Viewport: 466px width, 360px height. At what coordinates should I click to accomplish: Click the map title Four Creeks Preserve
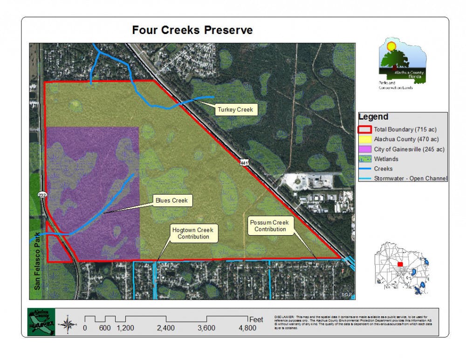point(192,31)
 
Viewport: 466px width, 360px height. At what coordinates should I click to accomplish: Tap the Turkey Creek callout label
point(235,110)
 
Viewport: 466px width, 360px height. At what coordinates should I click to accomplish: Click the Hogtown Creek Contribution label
point(193,233)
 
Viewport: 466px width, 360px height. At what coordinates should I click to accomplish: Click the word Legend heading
point(373,117)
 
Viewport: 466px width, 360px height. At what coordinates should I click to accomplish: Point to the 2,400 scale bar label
point(165,328)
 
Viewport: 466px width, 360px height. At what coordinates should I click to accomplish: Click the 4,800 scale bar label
point(247,328)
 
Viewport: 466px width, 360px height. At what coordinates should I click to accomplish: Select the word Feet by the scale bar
point(256,320)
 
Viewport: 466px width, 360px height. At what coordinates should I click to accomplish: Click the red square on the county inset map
point(400,264)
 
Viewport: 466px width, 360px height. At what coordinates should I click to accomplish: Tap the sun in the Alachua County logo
point(391,46)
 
